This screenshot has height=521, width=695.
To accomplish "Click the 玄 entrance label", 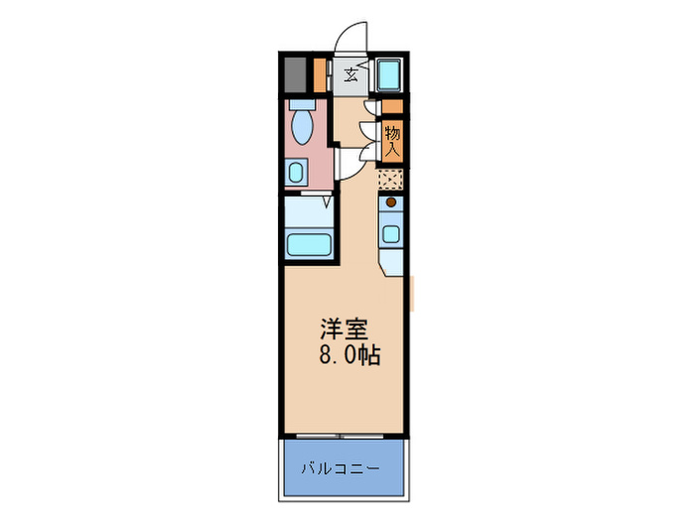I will (352, 74).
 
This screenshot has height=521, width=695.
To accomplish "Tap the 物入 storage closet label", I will (392, 140).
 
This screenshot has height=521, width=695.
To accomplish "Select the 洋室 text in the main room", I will (338, 328).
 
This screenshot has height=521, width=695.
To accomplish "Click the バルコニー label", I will (342, 467).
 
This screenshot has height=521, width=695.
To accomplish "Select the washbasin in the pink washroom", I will (297, 172).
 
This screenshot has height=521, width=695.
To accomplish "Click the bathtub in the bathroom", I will (307, 243).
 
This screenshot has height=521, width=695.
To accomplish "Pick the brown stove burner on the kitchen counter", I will (391, 203).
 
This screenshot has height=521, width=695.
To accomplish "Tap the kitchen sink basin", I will (391, 235).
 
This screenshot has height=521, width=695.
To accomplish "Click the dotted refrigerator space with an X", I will (390, 179).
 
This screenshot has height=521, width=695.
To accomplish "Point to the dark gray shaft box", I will (294, 74).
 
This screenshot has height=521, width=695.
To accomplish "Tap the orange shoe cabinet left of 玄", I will (320, 74).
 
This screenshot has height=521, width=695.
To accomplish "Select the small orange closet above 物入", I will (393, 106).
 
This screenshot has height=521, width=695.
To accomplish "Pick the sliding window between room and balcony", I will (342, 435).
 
